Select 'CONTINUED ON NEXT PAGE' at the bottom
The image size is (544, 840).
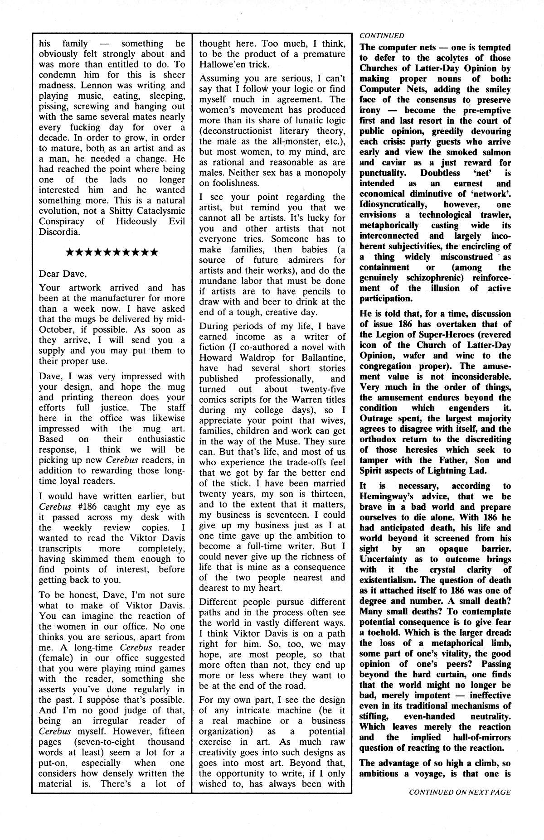click(460, 805)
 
